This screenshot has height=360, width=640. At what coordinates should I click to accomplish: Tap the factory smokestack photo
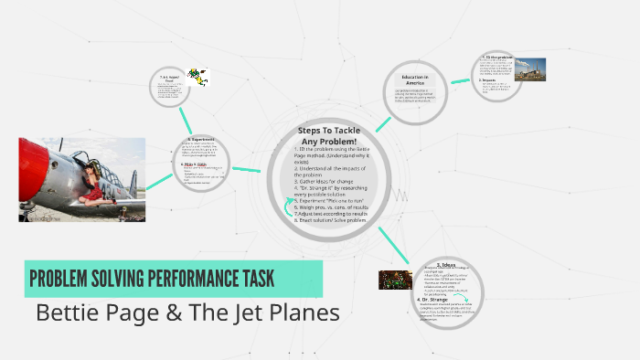(x=530, y=69)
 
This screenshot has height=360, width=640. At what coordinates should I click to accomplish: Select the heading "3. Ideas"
(x=445, y=265)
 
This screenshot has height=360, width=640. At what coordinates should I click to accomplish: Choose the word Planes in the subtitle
(x=303, y=312)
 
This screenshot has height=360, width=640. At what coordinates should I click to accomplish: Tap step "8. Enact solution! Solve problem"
(x=330, y=221)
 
